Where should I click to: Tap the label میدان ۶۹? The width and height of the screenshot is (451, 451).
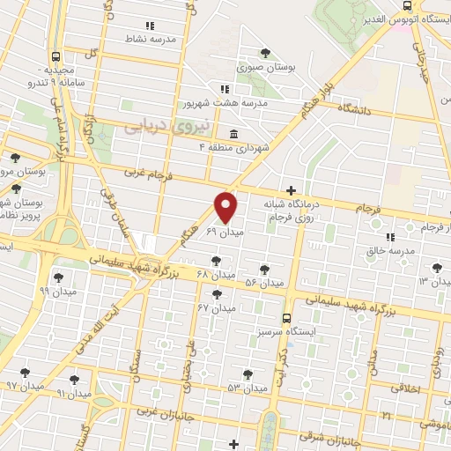[224, 232]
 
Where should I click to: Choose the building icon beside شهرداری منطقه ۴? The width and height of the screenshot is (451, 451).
[233, 134]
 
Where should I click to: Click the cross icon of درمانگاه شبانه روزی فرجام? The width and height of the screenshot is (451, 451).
[291, 189]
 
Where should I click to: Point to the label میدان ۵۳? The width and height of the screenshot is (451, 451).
[247, 388]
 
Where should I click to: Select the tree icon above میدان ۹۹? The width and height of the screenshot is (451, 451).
[57, 276]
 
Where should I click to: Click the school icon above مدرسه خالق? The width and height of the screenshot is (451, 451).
[388, 236]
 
